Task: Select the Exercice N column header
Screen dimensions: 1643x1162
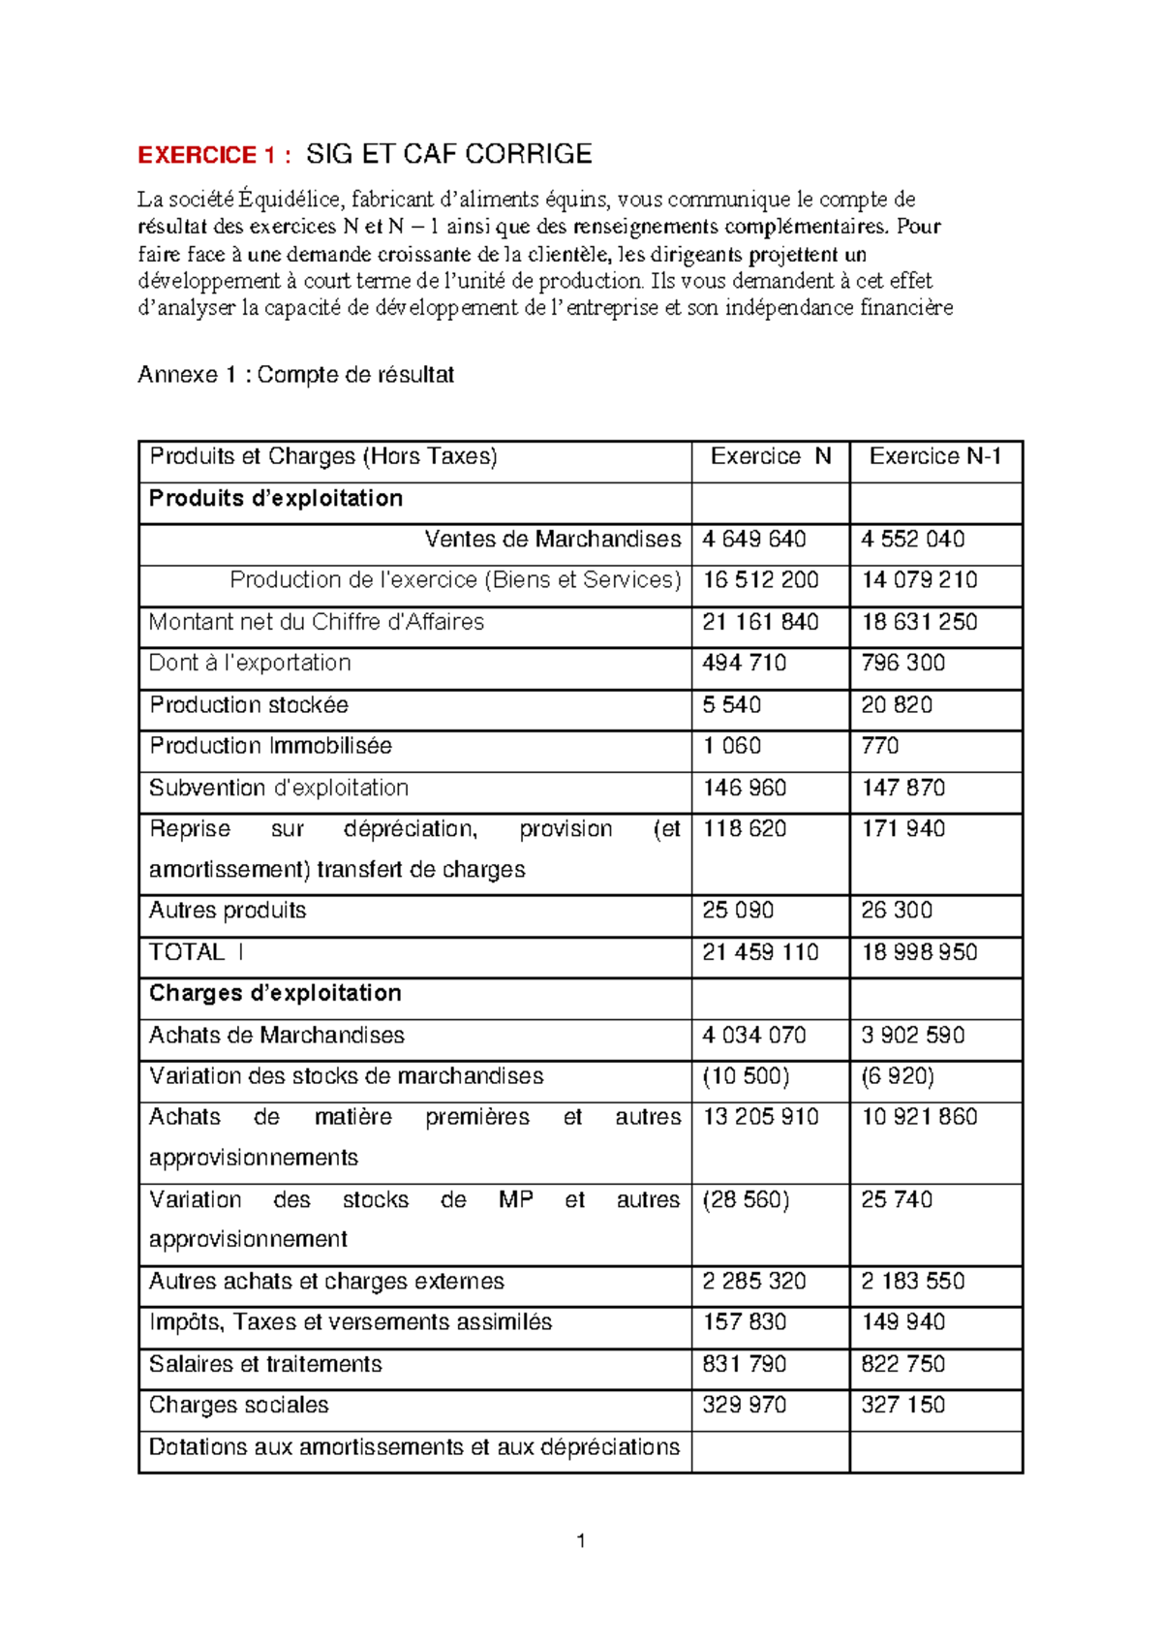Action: (x=771, y=456)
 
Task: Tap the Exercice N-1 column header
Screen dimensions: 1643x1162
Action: (x=934, y=456)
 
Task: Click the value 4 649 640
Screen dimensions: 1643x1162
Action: (x=753, y=539)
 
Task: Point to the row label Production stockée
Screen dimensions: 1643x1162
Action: (x=249, y=705)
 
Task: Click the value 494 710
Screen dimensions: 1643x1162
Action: (x=744, y=663)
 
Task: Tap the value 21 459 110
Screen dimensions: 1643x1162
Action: (x=760, y=952)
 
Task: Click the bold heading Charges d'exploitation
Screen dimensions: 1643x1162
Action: (x=275, y=993)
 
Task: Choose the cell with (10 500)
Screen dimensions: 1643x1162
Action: (x=746, y=1076)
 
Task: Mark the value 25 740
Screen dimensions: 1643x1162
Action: (x=897, y=1199)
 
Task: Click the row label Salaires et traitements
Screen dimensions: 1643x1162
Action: (x=265, y=1364)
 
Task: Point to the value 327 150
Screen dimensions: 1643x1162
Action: (x=902, y=1405)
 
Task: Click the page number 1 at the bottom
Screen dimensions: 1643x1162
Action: (x=580, y=1541)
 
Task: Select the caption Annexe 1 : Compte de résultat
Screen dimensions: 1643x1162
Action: (x=295, y=375)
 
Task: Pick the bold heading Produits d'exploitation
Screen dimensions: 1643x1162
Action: (x=276, y=498)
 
